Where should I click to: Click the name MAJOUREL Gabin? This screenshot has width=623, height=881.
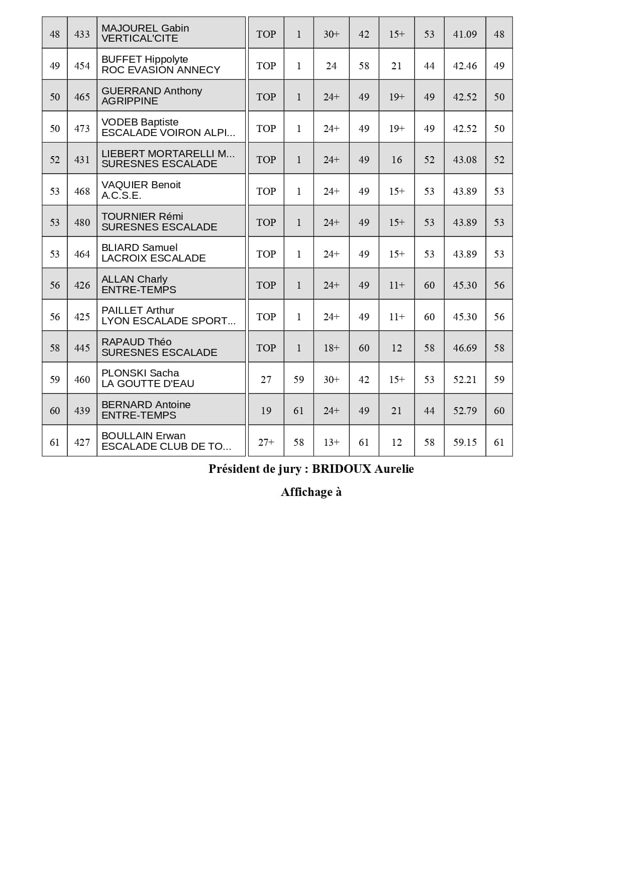coord(145,28)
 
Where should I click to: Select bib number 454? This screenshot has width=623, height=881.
coord(82,66)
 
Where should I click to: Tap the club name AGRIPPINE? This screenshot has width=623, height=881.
coord(130,101)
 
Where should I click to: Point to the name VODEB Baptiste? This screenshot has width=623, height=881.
coord(140,122)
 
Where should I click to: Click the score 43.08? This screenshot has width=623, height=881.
coord(465,160)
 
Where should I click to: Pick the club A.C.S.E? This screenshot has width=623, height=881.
coord(121,195)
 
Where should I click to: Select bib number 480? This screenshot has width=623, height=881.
coord(82,222)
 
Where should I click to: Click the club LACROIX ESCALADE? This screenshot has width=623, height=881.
coord(153,258)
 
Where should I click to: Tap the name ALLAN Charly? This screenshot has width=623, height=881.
coord(134,279)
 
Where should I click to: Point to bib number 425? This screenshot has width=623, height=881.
coord(82,317)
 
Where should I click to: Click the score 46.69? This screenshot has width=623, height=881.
coord(465,348)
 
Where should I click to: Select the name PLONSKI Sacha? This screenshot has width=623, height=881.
coord(140,373)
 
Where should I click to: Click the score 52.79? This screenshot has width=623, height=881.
coord(465,411)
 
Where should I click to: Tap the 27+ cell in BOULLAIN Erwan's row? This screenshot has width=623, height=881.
coord(266,442)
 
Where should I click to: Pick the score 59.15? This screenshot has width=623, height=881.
coord(465,442)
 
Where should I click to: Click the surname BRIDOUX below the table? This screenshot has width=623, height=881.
coord(341,469)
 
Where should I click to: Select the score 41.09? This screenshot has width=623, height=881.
coord(465,34)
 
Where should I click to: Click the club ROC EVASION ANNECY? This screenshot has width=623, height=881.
coord(161,70)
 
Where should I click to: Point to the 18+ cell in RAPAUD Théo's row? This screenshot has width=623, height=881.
coord(331,348)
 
